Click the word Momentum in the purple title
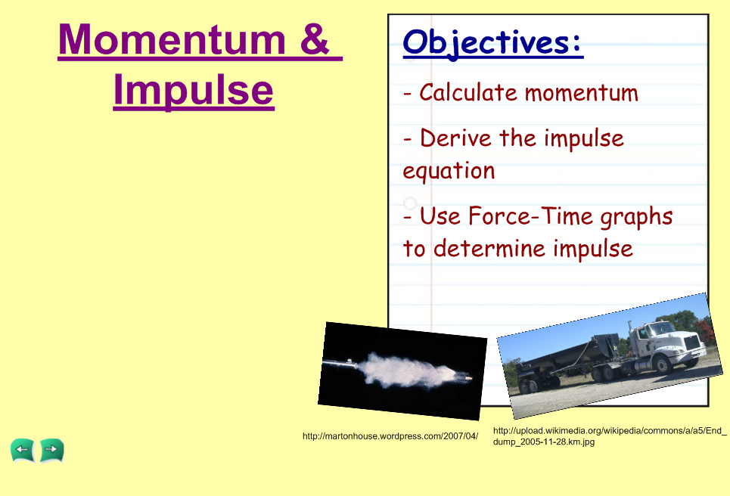pyautogui.click(x=172, y=39)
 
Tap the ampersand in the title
pyautogui.click(x=314, y=39)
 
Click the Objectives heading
pyautogui.click(x=492, y=43)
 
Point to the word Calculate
pyautogui.click(x=468, y=92)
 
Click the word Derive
pyautogui.click(x=455, y=138)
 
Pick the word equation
pyautogui.click(x=449, y=171)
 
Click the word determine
pyautogui.click(x=489, y=248)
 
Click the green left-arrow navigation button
pyautogui.click(x=23, y=450)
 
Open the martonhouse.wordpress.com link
pyautogui.click(x=390, y=436)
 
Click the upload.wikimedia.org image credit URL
pyautogui.click(x=610, y=436)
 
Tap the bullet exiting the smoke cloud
pyautogui.click(x=467, y=379)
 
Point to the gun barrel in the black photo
pyautogui.click(x=340, y=364)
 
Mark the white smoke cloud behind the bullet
pyautogui.click(x=405, y=370)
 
